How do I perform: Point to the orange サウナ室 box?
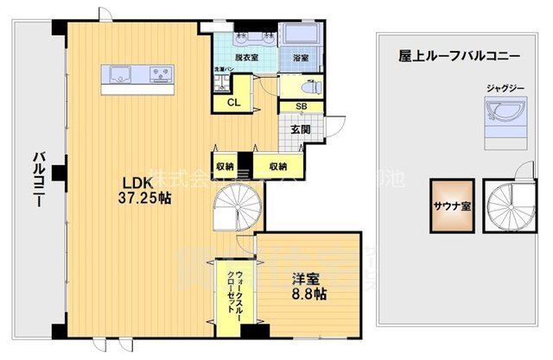coord(452,205)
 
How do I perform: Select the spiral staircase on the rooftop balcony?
coord(507,207)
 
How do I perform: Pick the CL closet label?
coord(233,103)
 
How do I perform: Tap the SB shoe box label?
coord(300,106)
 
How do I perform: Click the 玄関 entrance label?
coord(300,129)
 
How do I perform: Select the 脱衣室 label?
coord(246,58)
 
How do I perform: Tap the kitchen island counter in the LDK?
coord(137,78)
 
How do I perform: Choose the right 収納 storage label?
coord(277,165)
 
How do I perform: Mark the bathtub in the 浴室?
coord(302,36)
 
